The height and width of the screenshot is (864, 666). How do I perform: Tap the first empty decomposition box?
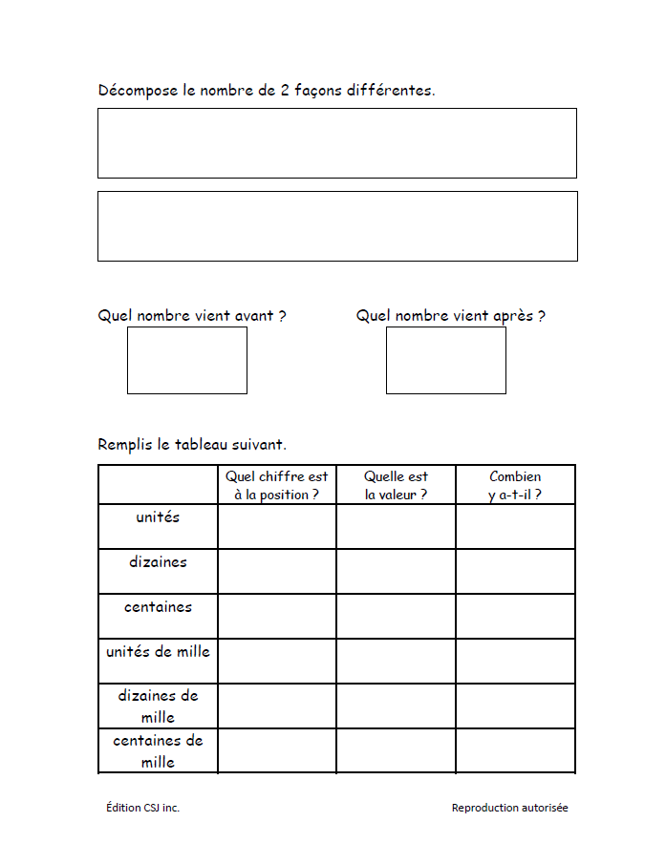(x=336, y=143)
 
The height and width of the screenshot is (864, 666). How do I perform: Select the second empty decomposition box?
(x=336, y=226)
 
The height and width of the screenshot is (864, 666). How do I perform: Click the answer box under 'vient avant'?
(x=187, y=360)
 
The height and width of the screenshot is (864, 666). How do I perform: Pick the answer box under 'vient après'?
(x=445, y=360)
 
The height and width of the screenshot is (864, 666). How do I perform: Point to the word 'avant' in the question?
(x=255, y=316)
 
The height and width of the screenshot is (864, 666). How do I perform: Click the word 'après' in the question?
(x=512, y=316)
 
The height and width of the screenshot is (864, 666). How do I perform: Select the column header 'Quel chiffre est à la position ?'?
(x=276, y=485)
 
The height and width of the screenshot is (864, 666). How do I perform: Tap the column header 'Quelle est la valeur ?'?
(x=396, y=485)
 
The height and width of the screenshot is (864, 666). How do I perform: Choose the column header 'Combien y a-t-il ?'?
(x=515, y=485)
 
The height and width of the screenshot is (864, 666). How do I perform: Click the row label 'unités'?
(x=158, y=517)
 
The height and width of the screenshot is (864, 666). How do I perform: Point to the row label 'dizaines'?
(x=158, y=562)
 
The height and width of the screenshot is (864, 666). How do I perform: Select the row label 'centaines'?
(x=158, y=607)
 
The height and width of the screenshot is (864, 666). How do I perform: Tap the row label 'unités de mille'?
(x=158, y=652)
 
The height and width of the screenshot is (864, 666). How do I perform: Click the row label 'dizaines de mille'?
(x=158, y=706)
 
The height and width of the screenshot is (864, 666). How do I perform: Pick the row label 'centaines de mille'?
(x=158, y=751)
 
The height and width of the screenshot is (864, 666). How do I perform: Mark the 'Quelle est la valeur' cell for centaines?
(x=396, y=616)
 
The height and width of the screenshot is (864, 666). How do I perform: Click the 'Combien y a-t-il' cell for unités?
(x=515, y=526)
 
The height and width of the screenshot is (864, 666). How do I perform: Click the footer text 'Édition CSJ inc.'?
(x=142, y=808)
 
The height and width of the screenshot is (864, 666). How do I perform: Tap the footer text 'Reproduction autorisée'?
(x=509, y=808)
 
